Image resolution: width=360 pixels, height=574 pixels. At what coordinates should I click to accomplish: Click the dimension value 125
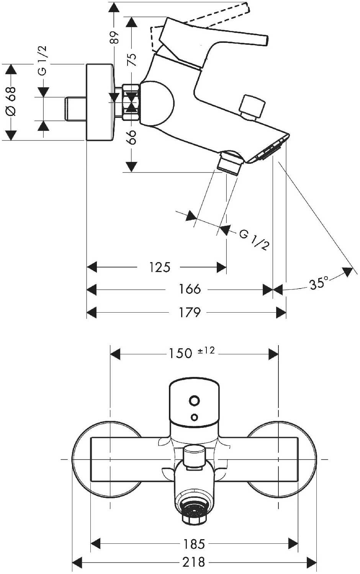pyautogui.click(x=160, y=267)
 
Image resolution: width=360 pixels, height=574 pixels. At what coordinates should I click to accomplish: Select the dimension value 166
pyautogui.click(x=190, y=289)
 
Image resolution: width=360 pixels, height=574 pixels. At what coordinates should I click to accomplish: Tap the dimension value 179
pyautogui.click(x=190, y=312)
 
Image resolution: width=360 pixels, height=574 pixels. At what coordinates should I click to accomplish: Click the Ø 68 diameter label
pyautogui.click(x=11, y=101)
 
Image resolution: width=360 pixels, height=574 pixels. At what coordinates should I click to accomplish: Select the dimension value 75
pyautogui.click(x=131, y=60)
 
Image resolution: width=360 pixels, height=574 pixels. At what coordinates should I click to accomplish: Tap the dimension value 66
pyautogui.click(x=131, y=137)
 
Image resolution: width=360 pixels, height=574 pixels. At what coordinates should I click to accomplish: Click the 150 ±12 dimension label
pyautogui.click(x=191, y=352)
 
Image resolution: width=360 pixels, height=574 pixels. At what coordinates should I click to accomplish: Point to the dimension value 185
pyautogui.click(x=194, y=544)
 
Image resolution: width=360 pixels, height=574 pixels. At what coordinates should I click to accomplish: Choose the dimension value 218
pyautogui.click(x=193, y=562)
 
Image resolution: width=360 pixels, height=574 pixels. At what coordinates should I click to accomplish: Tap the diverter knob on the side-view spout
pyautogui.click(x=252, y=107)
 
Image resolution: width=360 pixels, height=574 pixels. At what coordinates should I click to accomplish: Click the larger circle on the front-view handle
pyautogui.click(x=195, y=401)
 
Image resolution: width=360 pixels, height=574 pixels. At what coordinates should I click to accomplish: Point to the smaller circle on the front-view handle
pyautogui.click(x=195, y=416)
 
